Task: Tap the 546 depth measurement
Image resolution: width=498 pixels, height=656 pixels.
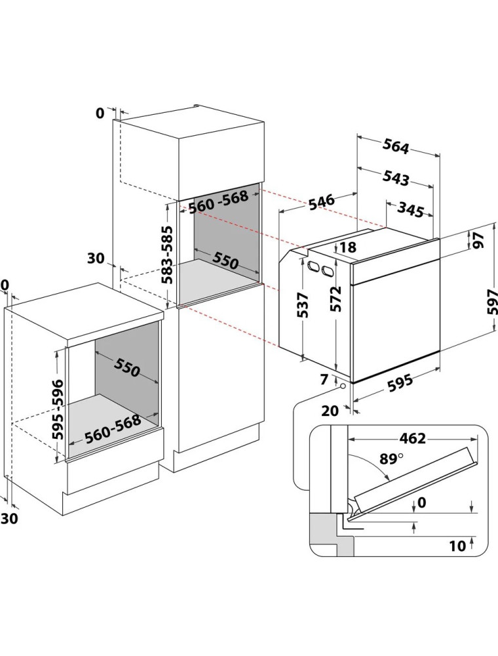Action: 322,202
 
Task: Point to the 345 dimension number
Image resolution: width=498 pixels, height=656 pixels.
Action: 410,211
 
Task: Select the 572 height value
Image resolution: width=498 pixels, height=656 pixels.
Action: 335,298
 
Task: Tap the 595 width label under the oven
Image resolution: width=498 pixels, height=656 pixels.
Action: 400,384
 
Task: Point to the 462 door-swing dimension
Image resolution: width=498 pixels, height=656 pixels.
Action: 412,438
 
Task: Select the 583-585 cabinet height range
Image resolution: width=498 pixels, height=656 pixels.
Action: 168,255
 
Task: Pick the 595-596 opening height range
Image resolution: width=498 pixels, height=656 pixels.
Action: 58,409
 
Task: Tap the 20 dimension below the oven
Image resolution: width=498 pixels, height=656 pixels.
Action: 330,411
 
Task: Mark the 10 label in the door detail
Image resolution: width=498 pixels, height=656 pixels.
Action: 457,546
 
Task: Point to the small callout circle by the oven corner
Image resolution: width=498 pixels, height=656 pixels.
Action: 343,386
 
